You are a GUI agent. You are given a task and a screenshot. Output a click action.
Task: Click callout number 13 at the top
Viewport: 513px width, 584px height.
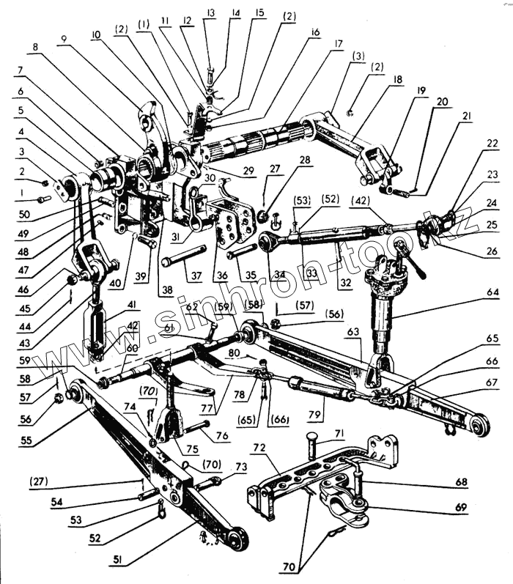pos(211,13)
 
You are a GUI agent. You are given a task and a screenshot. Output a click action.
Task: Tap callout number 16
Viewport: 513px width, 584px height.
pos(315,32)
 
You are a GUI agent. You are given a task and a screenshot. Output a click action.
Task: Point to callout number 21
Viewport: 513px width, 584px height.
pos(467,116)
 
